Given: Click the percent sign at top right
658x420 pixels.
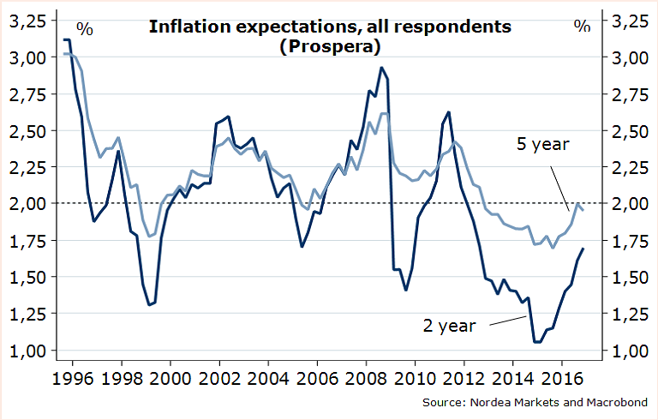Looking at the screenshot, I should [x=583, y=27].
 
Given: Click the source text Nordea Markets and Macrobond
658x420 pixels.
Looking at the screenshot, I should [x=539, y=401].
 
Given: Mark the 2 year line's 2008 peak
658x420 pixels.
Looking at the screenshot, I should [x=381, y=68].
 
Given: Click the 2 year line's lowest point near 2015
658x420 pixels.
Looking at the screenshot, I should [x=537, y=342].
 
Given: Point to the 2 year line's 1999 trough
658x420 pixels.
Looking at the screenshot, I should [x=150, y=304].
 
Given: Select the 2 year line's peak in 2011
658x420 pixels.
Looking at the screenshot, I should [x=448, y=112].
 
